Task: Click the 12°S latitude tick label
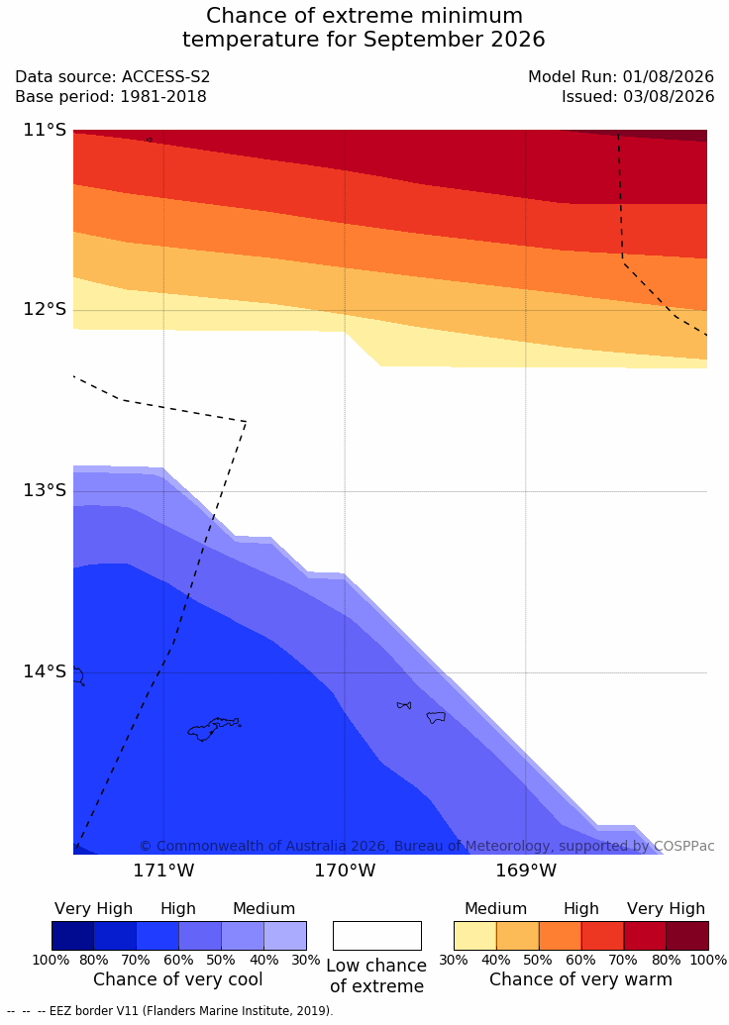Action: tap(45, 309)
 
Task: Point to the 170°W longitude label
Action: tap(345, 871)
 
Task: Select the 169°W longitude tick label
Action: tap(526, 871)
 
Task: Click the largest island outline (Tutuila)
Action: tap(213, 729)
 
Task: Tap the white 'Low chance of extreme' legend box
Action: tap(377, 936)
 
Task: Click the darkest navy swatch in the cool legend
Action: tap(72, 936)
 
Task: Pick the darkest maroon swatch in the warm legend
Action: tap(687, 936)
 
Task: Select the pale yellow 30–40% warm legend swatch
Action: tap(474, 936)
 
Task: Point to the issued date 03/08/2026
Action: tap(669, 97)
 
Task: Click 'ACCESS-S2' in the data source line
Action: tap(166, 76)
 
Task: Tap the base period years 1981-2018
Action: tap(162, 97)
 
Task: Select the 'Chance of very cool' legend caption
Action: tap(178, 979)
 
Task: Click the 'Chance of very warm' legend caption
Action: tap(580, 979)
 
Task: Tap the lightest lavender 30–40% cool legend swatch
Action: tap(285, 936)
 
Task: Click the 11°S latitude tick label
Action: tap(45, 130)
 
